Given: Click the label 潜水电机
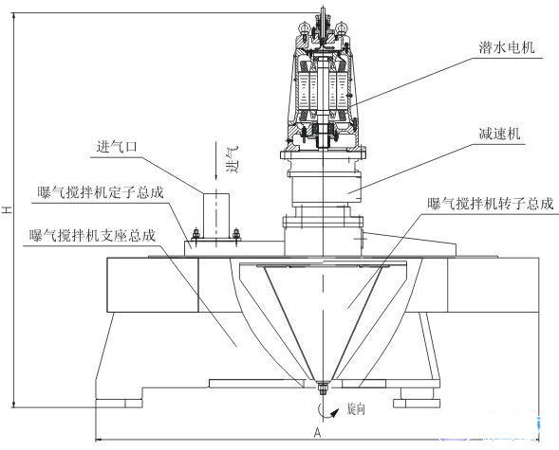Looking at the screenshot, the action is [507, 47].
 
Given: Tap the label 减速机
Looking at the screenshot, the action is [500, 134].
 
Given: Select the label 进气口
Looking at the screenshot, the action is [117, 147].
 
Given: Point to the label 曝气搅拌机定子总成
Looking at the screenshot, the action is [101, 192].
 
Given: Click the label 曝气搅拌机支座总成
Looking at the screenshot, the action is [93, 236].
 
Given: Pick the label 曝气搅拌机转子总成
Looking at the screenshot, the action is [491, 204].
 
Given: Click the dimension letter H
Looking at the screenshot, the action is [7, 208].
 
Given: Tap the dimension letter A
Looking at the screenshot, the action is [317, 433].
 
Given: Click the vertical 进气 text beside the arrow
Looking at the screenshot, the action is [233, 159].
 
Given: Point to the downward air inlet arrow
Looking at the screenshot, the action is [215, 161].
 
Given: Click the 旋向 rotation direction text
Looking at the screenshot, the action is [356, 409].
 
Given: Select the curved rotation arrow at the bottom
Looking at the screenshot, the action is [326, 411].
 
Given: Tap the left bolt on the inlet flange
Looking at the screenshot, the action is [196, 236].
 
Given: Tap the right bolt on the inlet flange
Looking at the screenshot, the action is [236, 236].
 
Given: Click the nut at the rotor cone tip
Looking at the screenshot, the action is [323, 387].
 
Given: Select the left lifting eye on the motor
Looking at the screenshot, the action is [304, 28].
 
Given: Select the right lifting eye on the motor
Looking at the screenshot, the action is [341, 28].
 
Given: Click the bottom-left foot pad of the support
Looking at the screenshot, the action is [119, 404].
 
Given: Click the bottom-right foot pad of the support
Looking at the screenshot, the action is [417, 404].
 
